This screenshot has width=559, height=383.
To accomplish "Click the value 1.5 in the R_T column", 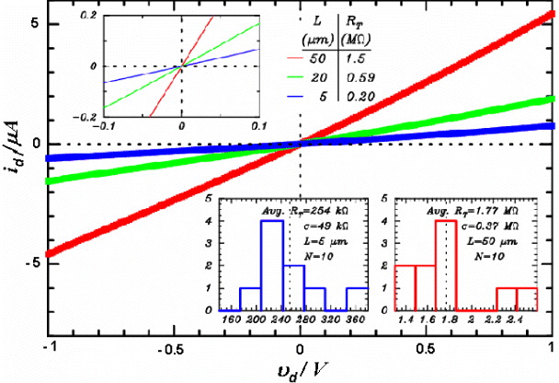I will click(x=353, y=57).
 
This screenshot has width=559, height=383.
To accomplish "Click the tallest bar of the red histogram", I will click(x=446, y=267).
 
